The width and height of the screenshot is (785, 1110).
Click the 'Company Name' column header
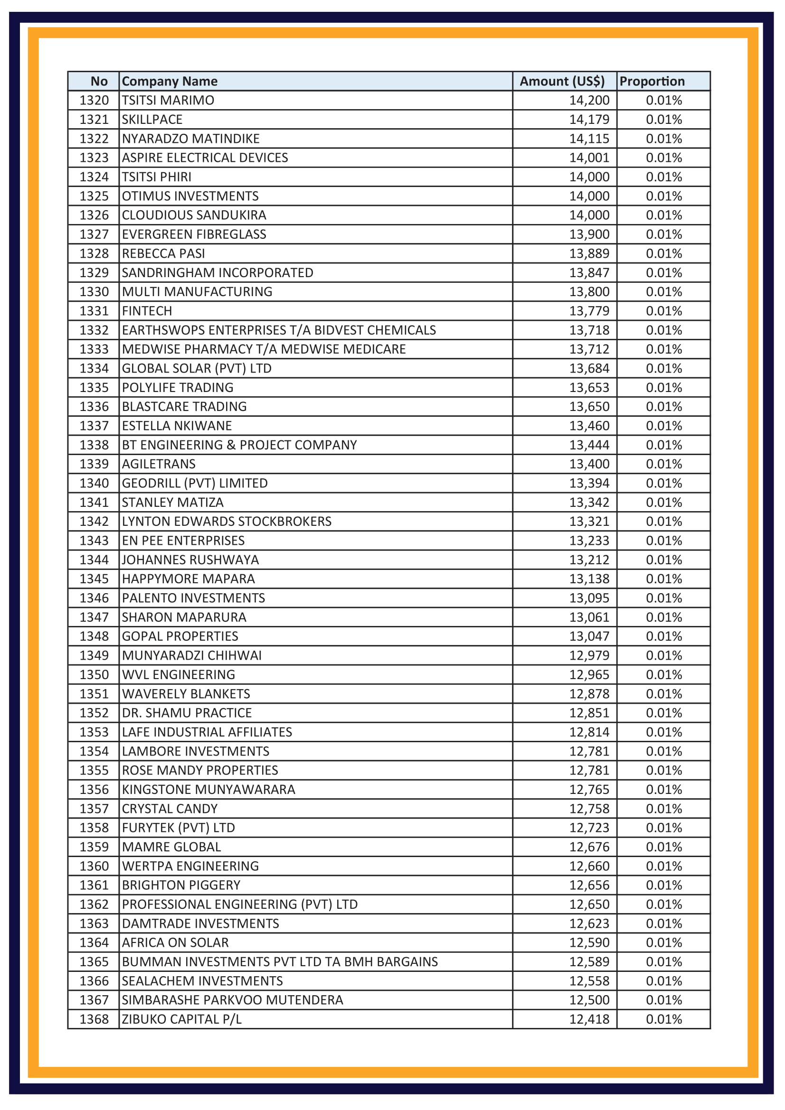click(x=169, y=81)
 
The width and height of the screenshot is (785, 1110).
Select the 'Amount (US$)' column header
click(x=561, y=81)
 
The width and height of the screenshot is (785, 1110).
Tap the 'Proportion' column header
click(x=652, y=81)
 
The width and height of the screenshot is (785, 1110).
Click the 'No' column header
click(x=99, y=81)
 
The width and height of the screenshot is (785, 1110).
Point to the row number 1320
click(x=94, y=101)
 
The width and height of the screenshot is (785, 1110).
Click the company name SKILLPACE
click(x=152, y=120)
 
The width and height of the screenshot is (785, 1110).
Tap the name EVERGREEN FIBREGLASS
click(x=194, y=234)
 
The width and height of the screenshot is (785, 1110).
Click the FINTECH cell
click(x=147, y=311)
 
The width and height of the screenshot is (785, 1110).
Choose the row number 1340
click(x=94, y=483)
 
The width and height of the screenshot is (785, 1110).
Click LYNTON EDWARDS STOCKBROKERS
click(x=227, y=521)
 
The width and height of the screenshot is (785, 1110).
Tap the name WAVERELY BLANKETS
click(x=186, y=694)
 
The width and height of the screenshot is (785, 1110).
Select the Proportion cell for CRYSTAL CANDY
click(x=663, y=808)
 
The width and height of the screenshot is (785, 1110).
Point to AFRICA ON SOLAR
click(x=175, y=942)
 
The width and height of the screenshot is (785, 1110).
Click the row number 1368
click(x=94, y=1019)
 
